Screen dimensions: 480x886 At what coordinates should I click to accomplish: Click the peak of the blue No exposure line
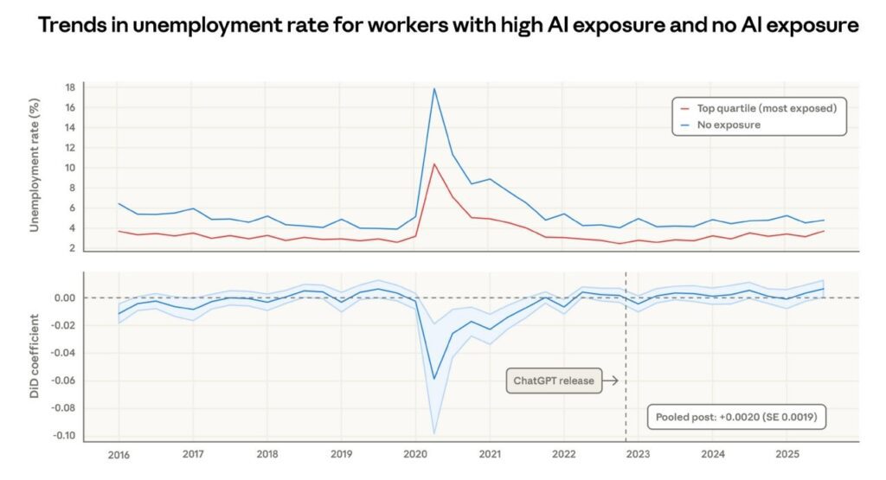[x=433, y=89]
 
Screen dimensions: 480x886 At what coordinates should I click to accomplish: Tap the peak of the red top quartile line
[x=433, y=164]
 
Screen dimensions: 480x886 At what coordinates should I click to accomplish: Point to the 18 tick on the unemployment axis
[x=71, y=87]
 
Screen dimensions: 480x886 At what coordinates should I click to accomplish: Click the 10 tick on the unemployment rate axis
[x=71, y=168]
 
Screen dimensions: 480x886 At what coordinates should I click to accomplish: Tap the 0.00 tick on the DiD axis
[x=65, y=298]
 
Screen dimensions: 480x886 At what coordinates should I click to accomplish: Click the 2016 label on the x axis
[x=119, y=454]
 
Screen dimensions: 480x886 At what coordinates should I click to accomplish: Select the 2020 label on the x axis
[x=415, y=454]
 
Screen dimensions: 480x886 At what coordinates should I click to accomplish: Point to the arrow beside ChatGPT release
[x=611, y=380]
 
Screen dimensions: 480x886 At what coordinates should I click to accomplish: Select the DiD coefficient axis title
[x=35, y=357]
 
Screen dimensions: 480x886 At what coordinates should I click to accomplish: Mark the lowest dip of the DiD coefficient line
[x=434, y=379]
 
